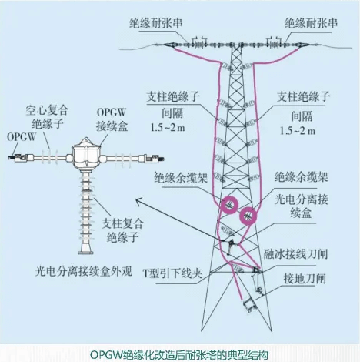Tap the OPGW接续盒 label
coord(112,116)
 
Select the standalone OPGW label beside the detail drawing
coord(20,136)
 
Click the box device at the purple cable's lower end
coord(250,307)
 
